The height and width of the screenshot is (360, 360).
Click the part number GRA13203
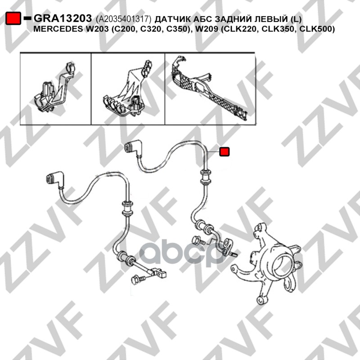pyautogui.click(x=63, y=18)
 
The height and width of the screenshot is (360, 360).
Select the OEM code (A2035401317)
pyautogui.click(x=124, y=19)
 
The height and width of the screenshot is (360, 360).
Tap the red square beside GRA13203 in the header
pyautogui.click(x=13, y=18)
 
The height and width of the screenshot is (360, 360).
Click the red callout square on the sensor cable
pyautogui.click(x=224, y=152)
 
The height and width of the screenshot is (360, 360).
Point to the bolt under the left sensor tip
pyautogui.click(x=138, y=280)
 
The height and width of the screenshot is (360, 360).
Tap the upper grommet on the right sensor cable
pyautogui.click(x=206, y=177)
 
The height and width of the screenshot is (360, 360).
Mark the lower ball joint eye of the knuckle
pyautogui.click(x=262, y=300)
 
